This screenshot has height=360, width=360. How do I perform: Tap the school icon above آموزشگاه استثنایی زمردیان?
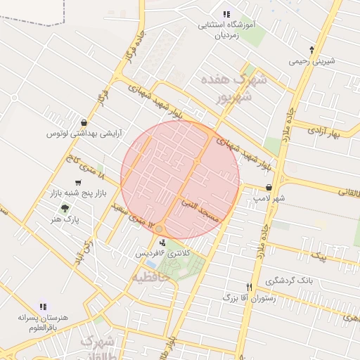tap(226, 14)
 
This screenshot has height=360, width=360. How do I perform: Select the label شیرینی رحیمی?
tap(312, 61)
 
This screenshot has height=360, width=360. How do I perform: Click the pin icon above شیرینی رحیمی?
tap(312, 49)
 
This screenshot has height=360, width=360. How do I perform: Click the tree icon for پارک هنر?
tap(65, 208)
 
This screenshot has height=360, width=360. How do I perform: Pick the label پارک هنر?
tap(67, 220)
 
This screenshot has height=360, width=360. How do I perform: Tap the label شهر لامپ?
tap(269, 199)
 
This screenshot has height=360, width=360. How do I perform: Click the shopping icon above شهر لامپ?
tap(269, 188)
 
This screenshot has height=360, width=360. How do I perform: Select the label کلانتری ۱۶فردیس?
tap(167, 252)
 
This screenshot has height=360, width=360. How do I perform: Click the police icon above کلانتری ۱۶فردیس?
tap(163, 242)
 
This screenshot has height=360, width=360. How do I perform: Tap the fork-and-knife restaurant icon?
tap(248, 287)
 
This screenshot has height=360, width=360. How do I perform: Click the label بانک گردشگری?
tap(290, 281)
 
